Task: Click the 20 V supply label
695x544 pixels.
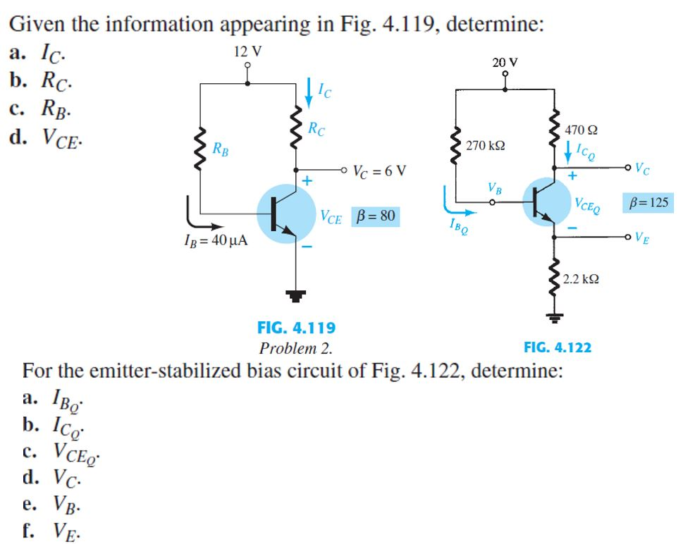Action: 505,62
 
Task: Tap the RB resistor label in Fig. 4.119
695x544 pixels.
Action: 221,149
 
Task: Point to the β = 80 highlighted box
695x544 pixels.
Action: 374,216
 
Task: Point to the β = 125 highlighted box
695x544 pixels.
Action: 647,203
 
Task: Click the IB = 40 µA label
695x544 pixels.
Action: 214,241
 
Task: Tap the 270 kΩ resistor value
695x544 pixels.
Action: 485,146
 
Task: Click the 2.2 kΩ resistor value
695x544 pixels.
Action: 582,279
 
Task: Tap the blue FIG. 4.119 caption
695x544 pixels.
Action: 296,328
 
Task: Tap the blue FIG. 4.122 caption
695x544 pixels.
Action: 558,347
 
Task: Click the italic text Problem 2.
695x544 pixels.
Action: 295,348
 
